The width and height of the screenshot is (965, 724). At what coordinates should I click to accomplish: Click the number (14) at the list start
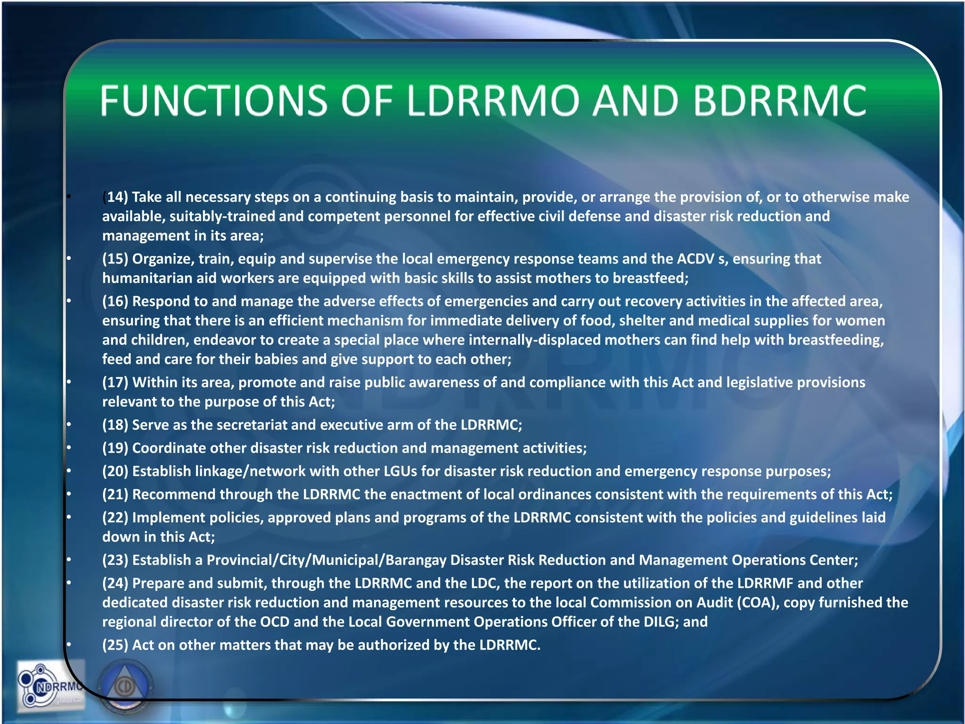pyautogui.click(x=116, y=197)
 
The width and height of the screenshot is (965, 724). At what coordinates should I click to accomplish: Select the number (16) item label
pyautogui.click(x=115, y=301)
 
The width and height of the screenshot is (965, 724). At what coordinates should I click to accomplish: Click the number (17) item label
pyautogui.click(x=115, y=382)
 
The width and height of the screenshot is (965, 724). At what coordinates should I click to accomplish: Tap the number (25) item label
pyautogui.click(x=115, y=645)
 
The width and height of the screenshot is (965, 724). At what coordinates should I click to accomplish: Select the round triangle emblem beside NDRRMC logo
pyautogui.click(x=125, y=686)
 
